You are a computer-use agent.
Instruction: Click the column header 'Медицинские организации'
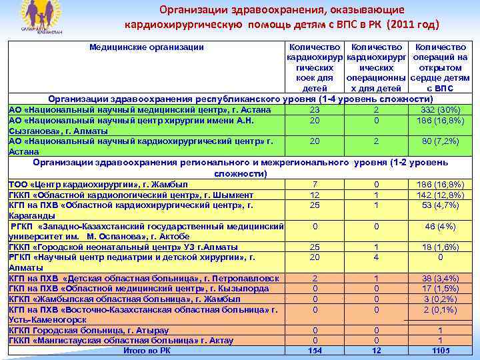[x=147, y=47]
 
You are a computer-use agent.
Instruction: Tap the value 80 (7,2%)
[x=440, y=141]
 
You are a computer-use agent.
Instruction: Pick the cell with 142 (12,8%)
[x=440, y=195]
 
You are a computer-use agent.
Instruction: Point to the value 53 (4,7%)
[x=440, y=205]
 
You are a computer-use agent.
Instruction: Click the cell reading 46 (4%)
[x=440, y=227]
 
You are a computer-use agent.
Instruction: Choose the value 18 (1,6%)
[x=440, y=247]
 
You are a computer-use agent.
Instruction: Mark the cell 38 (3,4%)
[x=440, y=278]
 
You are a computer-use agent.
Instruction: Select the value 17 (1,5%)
[x=440, y=289]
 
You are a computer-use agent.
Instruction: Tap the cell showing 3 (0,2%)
[x=440, y=299]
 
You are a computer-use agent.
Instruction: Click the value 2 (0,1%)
[x=440, y=309]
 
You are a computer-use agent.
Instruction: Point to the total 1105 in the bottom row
[x=440, y=351]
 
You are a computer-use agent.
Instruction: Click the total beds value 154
[x=315, y=351]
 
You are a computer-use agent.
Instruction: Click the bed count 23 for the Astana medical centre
[x=315, y=110]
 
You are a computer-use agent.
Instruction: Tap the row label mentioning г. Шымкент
[x=131, y=195]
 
